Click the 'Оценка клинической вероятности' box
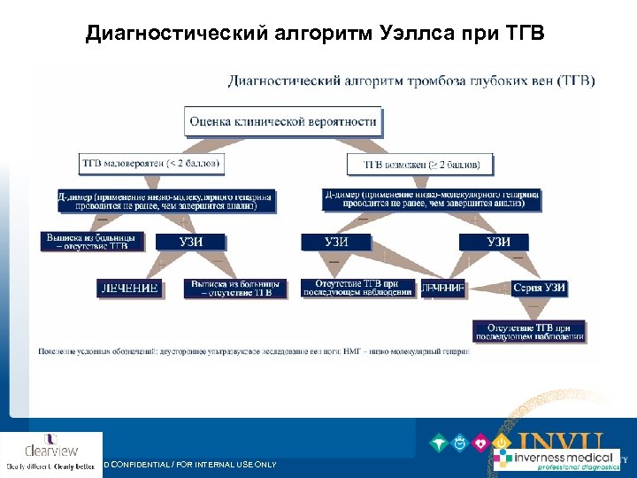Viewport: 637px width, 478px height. pos(282,121)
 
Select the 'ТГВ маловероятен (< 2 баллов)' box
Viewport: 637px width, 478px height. pos(151,163)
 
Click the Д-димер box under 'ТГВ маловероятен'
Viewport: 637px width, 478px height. pos(166,200)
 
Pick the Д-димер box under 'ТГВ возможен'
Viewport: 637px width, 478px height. pos(432,200)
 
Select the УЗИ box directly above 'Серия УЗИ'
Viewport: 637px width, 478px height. pos(497,241)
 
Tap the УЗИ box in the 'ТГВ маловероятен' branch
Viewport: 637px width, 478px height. pos(190,241)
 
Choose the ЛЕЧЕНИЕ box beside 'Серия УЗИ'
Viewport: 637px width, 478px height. pos(441,289)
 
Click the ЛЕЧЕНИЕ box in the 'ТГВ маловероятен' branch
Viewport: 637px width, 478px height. pos(129,288)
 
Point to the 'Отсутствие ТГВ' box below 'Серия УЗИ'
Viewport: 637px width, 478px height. pos(529,331)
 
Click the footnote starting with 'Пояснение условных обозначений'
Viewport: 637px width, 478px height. pos(253,351)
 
